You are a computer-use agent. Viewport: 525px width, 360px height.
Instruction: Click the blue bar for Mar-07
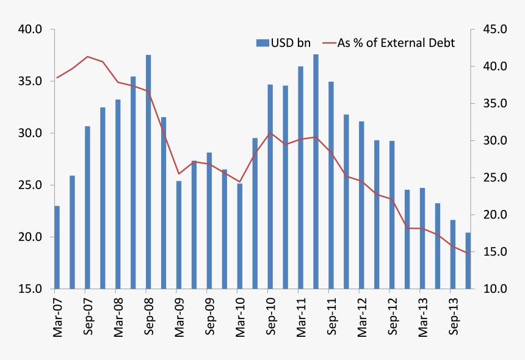57,247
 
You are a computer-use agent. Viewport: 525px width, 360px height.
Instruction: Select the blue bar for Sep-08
148,171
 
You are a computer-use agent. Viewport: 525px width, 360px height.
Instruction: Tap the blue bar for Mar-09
179,234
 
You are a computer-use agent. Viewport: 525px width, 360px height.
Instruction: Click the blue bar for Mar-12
362,204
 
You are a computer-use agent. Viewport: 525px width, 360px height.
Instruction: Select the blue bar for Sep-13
453,254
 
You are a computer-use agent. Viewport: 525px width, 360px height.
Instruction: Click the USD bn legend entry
283,43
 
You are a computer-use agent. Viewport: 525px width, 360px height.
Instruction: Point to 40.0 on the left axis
29,29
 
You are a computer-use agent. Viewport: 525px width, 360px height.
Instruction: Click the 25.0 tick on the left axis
29,185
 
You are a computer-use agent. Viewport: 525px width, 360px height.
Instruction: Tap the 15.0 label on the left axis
29,289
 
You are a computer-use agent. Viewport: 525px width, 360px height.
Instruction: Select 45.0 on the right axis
495,29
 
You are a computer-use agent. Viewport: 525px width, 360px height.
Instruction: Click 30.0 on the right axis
495,140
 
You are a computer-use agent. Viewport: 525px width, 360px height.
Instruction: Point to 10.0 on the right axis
495,289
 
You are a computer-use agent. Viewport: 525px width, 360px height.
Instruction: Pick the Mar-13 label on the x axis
422,314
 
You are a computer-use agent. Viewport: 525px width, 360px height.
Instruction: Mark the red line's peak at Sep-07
87,56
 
